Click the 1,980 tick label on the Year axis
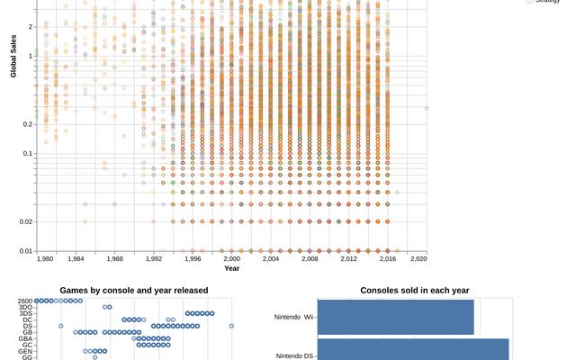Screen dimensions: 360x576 pos(46,259)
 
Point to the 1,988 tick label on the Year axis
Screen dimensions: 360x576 pos(114,259)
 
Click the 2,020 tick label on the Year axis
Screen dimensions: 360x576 pos(418,259)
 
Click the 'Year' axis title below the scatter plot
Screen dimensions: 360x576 pos(232,268)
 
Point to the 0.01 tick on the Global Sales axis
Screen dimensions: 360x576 pos(27,251)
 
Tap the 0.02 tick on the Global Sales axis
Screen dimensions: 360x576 pos(27,221)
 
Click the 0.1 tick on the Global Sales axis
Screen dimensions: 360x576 pos(29,154)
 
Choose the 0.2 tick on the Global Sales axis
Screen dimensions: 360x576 pos(29,124)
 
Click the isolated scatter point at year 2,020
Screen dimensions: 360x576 pos(426,109)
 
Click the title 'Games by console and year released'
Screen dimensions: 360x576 pos(133,290)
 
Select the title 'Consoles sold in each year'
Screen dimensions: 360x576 pos(414,290)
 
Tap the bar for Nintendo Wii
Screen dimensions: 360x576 pos(396,317)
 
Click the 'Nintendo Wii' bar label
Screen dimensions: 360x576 pos(294,317)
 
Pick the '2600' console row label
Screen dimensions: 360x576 pos(25,301)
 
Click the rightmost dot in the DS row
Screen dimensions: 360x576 pos(231,326)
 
